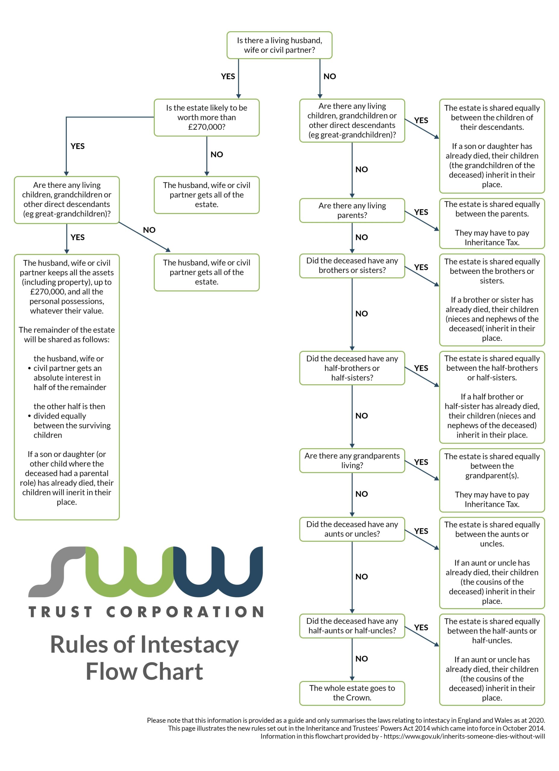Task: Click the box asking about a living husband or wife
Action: point(279,45)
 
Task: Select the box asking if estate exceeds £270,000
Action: point(206,117)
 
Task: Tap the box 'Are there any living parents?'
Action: point(352,211)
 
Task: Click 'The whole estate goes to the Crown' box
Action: point(352,693)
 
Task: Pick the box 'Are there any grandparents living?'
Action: point(352,460)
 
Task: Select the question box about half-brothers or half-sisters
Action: point(352,368)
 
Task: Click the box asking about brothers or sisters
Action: point(352,266)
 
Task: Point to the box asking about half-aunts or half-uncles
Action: point(352,626)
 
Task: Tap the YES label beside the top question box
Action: point(228,76)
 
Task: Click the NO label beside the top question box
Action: point(329,76)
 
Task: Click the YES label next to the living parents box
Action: point(421,212)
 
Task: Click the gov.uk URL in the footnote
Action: point(464,736)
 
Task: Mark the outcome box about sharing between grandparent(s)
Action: point(492,480)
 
